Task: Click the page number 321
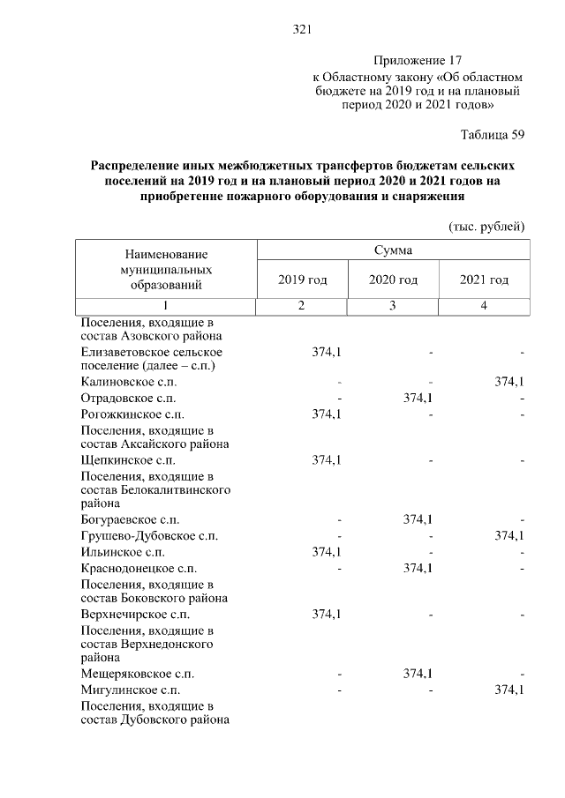click(302, 30)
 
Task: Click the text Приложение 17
click(418, 61)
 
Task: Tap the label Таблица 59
click(493, 135)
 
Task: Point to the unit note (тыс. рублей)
click(487, 227)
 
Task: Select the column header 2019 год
click(302, 280)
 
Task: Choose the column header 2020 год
click(393, 280)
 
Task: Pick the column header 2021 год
click(484, 280)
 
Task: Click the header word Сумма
click(393, 250)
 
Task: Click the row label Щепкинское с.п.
click(127, 460)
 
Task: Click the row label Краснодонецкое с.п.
click(138, 567)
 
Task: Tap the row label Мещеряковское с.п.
click(136, 674)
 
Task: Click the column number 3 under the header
click(393, 306)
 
